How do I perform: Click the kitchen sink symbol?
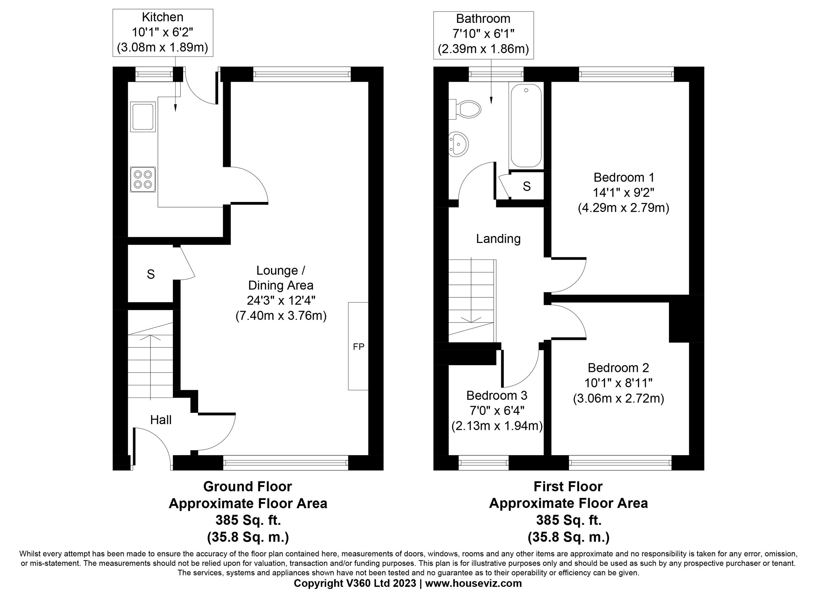point(143,116)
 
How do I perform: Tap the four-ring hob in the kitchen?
point(143,179)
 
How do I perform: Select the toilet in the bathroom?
point(468,109)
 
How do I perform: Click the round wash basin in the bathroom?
point(459,144)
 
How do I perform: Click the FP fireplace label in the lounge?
point(358,347)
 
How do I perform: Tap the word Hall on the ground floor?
point(161,420)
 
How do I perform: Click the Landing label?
point(498,239)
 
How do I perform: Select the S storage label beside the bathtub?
point(527,186)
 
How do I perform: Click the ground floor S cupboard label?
point(150,275)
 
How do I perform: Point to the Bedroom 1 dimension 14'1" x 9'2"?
point(623,193)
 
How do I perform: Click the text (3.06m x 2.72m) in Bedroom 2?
point(618,398)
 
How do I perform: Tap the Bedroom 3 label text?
point(497,395)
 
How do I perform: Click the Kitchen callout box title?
point(162,17)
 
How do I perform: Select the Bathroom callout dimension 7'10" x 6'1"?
point(483,34)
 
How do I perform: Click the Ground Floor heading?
point(247,487)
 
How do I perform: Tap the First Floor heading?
point(568,487)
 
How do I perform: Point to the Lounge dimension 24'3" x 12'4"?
point(281,301)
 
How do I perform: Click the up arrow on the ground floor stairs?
point(150,338)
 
